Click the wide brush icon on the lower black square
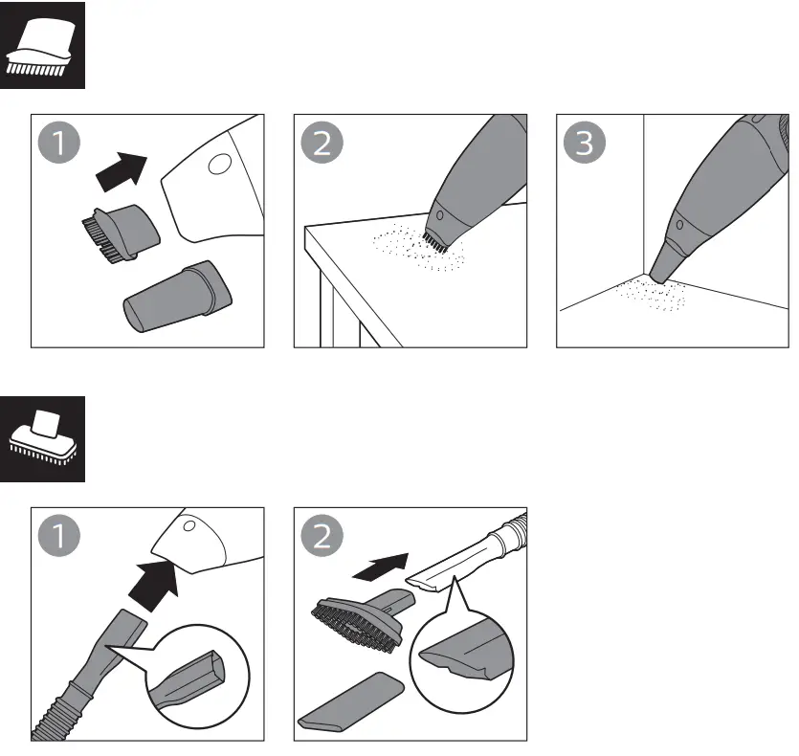[x=43, y=438]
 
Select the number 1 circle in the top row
[x=60, y=145]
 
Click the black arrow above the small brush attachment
[x=122, y=173]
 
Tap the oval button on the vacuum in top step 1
[x=217, y=164]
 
